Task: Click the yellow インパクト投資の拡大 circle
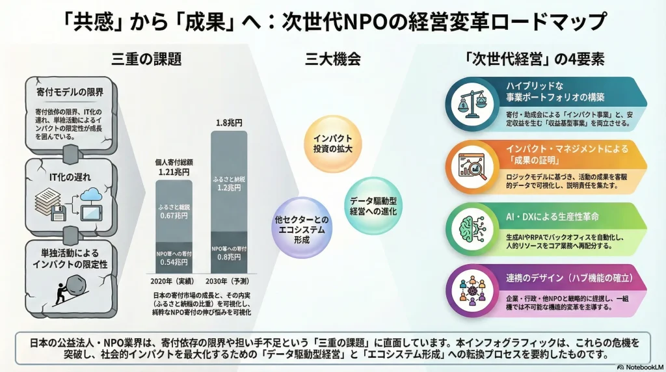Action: click(332, 144)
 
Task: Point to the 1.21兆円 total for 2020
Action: click(173, 172)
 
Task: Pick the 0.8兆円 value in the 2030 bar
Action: click(228, 257)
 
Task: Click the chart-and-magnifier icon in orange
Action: click(471, 164)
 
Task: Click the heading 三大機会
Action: click(332, 60)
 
